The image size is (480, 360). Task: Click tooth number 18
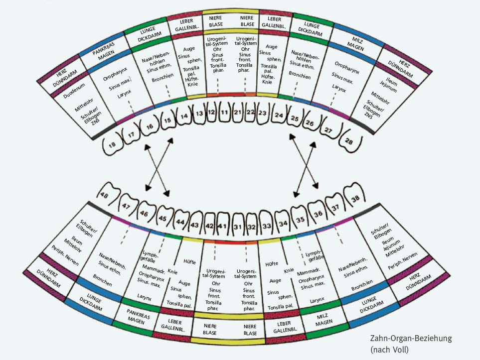click(112, 144)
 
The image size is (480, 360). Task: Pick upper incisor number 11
click(224, 113)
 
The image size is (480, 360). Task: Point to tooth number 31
click(238, 227)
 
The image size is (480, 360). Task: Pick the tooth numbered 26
click(310, 122)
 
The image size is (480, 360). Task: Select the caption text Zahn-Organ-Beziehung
click(408, 339)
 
